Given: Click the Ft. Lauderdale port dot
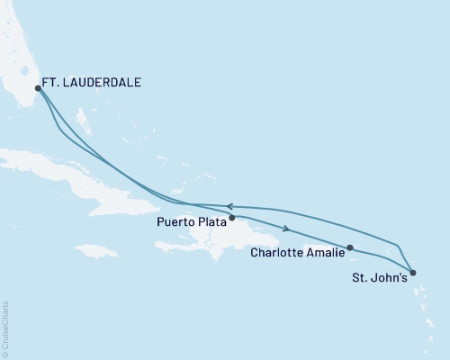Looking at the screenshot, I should click(x=38, y=88).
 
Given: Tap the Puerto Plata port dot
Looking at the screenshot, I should click(x=231, y=217).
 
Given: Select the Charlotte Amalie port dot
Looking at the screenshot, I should click(x=349, y=247).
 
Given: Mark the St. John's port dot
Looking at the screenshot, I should click(x=411, y=272).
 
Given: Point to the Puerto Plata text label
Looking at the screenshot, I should click(x=189, y=221).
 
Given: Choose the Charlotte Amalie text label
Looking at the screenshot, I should click(x=295, y=253).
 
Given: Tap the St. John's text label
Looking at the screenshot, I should click(x=378, y=278).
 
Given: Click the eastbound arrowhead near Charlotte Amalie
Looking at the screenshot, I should click(x=287, y=228).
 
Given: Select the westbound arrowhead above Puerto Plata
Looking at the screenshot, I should click(x=229, y=206).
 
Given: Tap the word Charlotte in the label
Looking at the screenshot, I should click(x=275, y=253).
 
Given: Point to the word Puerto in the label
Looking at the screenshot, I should click(x=174, y=221).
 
